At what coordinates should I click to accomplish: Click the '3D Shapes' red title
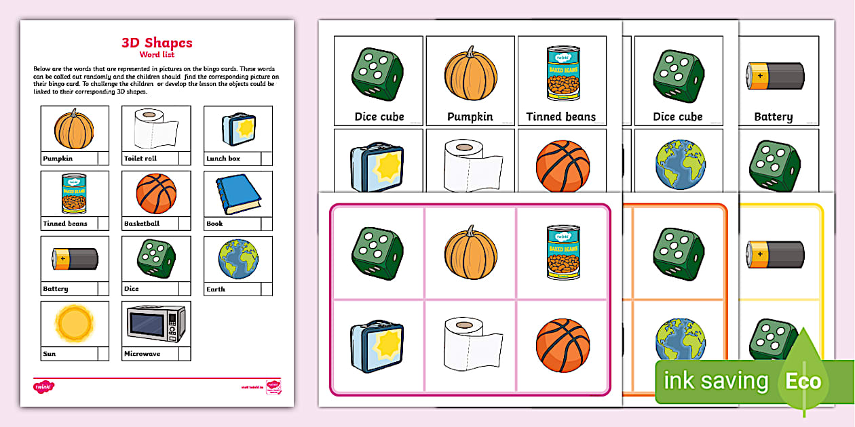pyautogui.click(x=157, y=43)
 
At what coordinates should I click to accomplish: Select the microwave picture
pyautogui.click(x=156, y=323)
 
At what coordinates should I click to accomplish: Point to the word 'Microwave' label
pyautogui.click(x=142, y=354)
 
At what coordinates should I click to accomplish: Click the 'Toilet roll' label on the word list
pyautogui.click(x=140, y=159)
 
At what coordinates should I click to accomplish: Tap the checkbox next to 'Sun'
pyautogui.click(x=103, y=354)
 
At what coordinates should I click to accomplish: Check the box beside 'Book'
pyautogui.click(x=267, y=224)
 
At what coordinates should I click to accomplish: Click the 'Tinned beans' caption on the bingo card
pyautogui.click(x=561, y=117)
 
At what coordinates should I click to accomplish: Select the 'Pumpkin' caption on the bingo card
pyautogui.click(x=470, y=117)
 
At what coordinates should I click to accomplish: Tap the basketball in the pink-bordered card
pyautogui.click(x=563, y=344)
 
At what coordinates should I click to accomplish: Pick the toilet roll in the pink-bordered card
pyautogui.click(x=470, y=344)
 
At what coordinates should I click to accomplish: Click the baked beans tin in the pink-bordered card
pyautogui.click(x=563, y=252)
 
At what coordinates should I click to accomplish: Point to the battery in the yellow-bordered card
pyautogui.click(x=775, y=254)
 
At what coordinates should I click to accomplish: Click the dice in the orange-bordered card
pyautogui.click(x=677, y=254)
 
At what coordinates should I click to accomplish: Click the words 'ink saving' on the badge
pyautogui.click(x=716, y=381)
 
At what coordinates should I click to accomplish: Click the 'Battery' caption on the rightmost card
pyautogui.click(x=773, y=117)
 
